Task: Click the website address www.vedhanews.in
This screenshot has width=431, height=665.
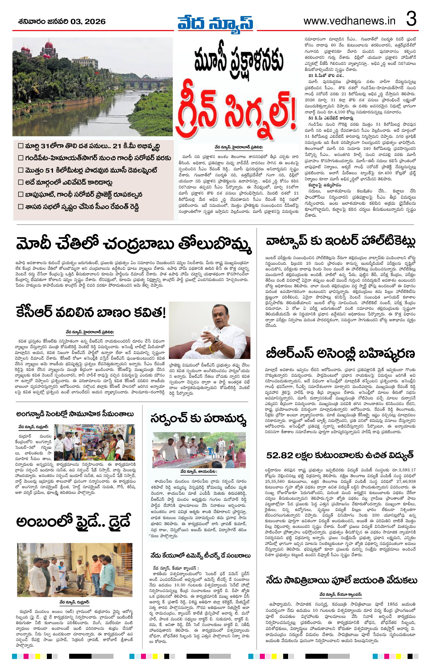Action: (x=349, y=21)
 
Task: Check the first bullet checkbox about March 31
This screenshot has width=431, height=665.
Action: (x=20, y=146)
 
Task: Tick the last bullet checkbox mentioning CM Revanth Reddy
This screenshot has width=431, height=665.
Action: (x=20, y=207)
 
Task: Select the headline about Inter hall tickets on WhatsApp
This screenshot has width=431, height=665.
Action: (x=341, y=241)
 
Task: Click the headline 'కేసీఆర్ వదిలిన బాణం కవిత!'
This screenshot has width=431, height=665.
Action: (x=91, y=313)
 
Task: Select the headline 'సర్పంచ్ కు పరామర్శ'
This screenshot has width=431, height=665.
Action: (x=199, y=419)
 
